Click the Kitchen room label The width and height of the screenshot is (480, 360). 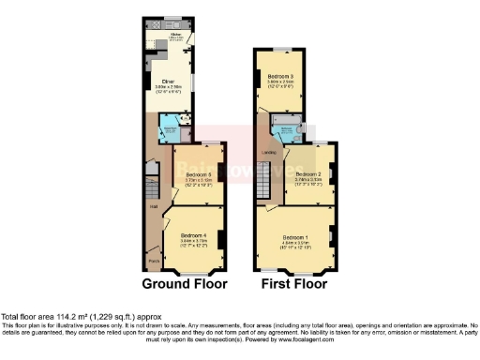coord(173,35)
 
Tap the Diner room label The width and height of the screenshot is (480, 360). coord(169,82)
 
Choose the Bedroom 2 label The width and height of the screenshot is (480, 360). coord(308,173)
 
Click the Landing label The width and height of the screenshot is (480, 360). coord(267,155)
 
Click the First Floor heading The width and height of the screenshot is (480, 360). coord(294,283)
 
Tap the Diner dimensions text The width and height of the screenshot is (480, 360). coord(169,88)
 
